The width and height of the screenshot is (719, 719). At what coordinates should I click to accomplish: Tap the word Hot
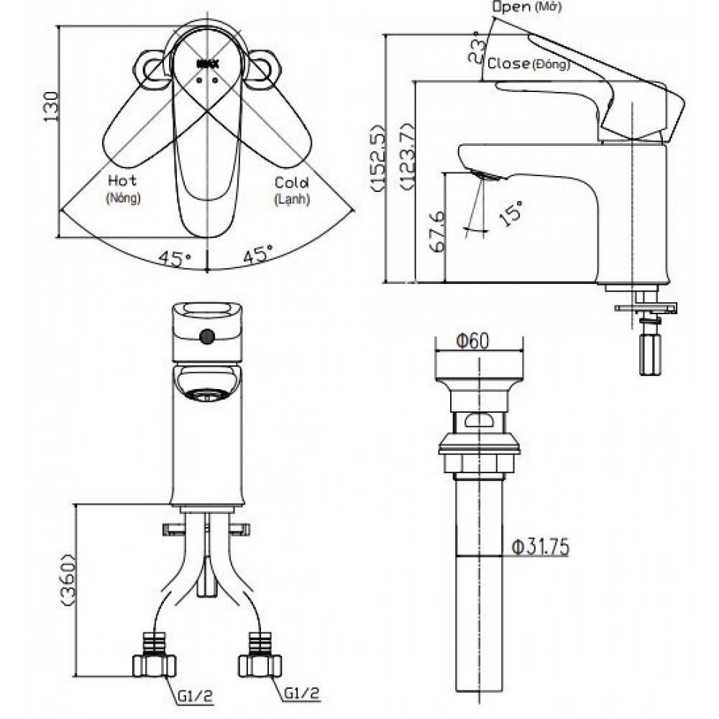click(122, 181)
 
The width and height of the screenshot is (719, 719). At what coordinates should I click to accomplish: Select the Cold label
click(291, 183)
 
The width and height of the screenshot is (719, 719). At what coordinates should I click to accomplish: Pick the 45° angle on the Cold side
click(257, 255)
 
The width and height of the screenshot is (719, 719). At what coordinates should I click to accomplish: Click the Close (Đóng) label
click(528, 64)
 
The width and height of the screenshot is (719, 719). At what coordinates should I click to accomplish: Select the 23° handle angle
click(475, 47)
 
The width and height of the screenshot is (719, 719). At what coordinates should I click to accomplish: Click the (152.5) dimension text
click(379, 157)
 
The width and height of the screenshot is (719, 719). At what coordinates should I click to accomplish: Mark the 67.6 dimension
click(436, 232)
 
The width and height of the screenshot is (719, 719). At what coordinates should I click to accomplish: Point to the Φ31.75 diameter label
click(540, 548)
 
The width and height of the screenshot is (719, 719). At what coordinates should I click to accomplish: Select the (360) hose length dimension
click(68, 581)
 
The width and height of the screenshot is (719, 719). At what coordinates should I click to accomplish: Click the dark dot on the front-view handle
click(208, 336)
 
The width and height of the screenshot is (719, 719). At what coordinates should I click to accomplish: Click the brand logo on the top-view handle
click(207, 64)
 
